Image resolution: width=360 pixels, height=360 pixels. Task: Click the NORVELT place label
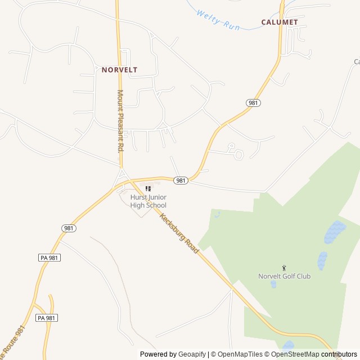[119, 70]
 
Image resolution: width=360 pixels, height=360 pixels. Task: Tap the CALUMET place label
[279, 22]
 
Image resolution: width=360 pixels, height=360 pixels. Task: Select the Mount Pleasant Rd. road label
[120, 121]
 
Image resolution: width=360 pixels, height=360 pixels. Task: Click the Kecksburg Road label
[179, 233]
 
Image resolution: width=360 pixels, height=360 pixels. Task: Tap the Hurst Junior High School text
[148, 201]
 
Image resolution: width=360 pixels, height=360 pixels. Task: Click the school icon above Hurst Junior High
[148, 188]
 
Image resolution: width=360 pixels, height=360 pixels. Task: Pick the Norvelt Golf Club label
[284, 276]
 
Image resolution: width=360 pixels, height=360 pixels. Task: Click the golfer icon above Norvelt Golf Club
[284, 267]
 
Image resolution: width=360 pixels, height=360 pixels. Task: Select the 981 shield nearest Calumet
[253, 103]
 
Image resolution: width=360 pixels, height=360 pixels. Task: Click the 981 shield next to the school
[180, 181]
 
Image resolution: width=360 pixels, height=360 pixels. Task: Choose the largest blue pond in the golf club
[335, 231]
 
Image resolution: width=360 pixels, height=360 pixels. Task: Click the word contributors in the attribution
[339, 354]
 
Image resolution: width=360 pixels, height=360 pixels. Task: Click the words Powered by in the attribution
[157, 354]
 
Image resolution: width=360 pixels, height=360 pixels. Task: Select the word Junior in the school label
[158, 197]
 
